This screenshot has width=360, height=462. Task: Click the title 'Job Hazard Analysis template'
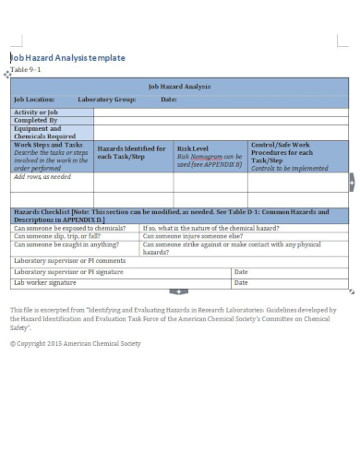67,57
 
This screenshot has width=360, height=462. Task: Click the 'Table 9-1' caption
26,70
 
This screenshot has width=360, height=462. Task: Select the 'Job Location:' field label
34,99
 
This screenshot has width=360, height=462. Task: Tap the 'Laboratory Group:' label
107,99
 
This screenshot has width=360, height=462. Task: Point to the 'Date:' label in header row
169,99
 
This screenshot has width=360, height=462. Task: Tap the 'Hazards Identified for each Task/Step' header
132,152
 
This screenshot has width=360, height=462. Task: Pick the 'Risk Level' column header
193,148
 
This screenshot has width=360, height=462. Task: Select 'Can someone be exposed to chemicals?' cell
69,227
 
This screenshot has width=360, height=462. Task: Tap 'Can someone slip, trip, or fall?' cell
61,235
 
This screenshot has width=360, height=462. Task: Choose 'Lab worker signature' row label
46,281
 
